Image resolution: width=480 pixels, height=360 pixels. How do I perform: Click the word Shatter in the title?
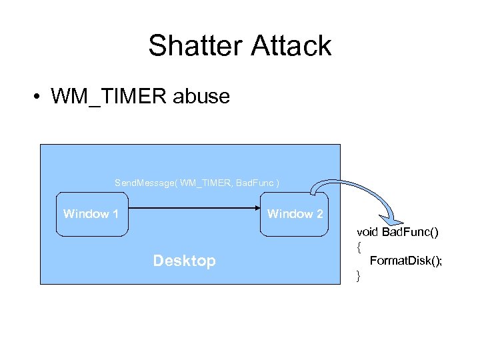tap(196, 46)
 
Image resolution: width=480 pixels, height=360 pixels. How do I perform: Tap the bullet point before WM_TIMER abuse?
tap(37, 97)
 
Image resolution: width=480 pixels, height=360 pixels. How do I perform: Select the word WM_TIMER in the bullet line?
tap(109, 97)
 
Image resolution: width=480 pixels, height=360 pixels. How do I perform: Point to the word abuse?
tap(201, 97)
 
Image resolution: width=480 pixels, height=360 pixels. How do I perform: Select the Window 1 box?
tap(91, 214)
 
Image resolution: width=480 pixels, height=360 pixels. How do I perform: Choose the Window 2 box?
tap(295, 214)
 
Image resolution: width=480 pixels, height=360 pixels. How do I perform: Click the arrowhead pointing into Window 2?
tap(255, 209)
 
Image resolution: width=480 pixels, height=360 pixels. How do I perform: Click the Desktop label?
tap(184, 261)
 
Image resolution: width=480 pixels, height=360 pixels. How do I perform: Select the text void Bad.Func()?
tap(397, 232)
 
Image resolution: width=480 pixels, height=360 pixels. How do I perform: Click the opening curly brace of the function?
tap(359, 247)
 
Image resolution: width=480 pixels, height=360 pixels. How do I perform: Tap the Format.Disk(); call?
tap(405, 261)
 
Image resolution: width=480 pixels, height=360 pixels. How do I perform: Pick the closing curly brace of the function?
tap(359, 275)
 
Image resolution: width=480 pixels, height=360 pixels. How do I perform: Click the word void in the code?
tap(367, 232)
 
